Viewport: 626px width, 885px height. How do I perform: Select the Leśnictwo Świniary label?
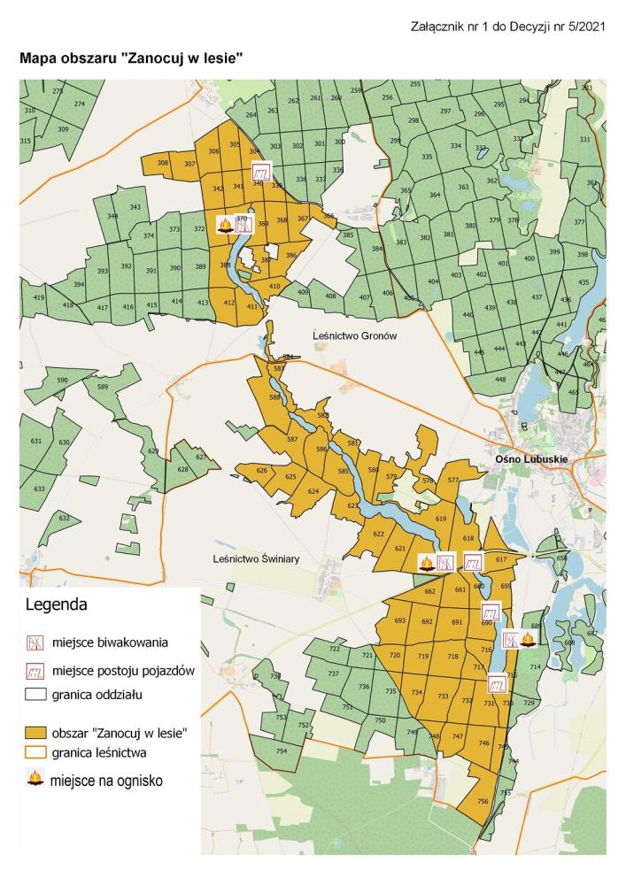[x=252, y=559]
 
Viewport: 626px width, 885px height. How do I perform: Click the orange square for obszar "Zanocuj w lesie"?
[x=35, y=733]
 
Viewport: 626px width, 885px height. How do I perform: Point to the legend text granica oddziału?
[x=97, y=695]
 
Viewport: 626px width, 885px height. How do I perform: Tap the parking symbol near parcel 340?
[x=261, y=173]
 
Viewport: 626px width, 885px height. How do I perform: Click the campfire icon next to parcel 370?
[x=225, y=226]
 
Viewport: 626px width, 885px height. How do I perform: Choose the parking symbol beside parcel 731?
[x=498, y=683]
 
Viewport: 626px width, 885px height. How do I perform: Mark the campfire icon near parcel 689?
[x=529, y=638]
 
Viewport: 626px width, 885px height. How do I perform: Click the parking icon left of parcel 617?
[x=474, y=562]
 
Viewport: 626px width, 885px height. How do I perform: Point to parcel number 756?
[x=483, y=801]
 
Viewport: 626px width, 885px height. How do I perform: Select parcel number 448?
[x=500, y=380]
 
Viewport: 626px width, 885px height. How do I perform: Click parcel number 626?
[x=261, y=470]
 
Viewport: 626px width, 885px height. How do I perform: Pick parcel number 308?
[x=163, y=164]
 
